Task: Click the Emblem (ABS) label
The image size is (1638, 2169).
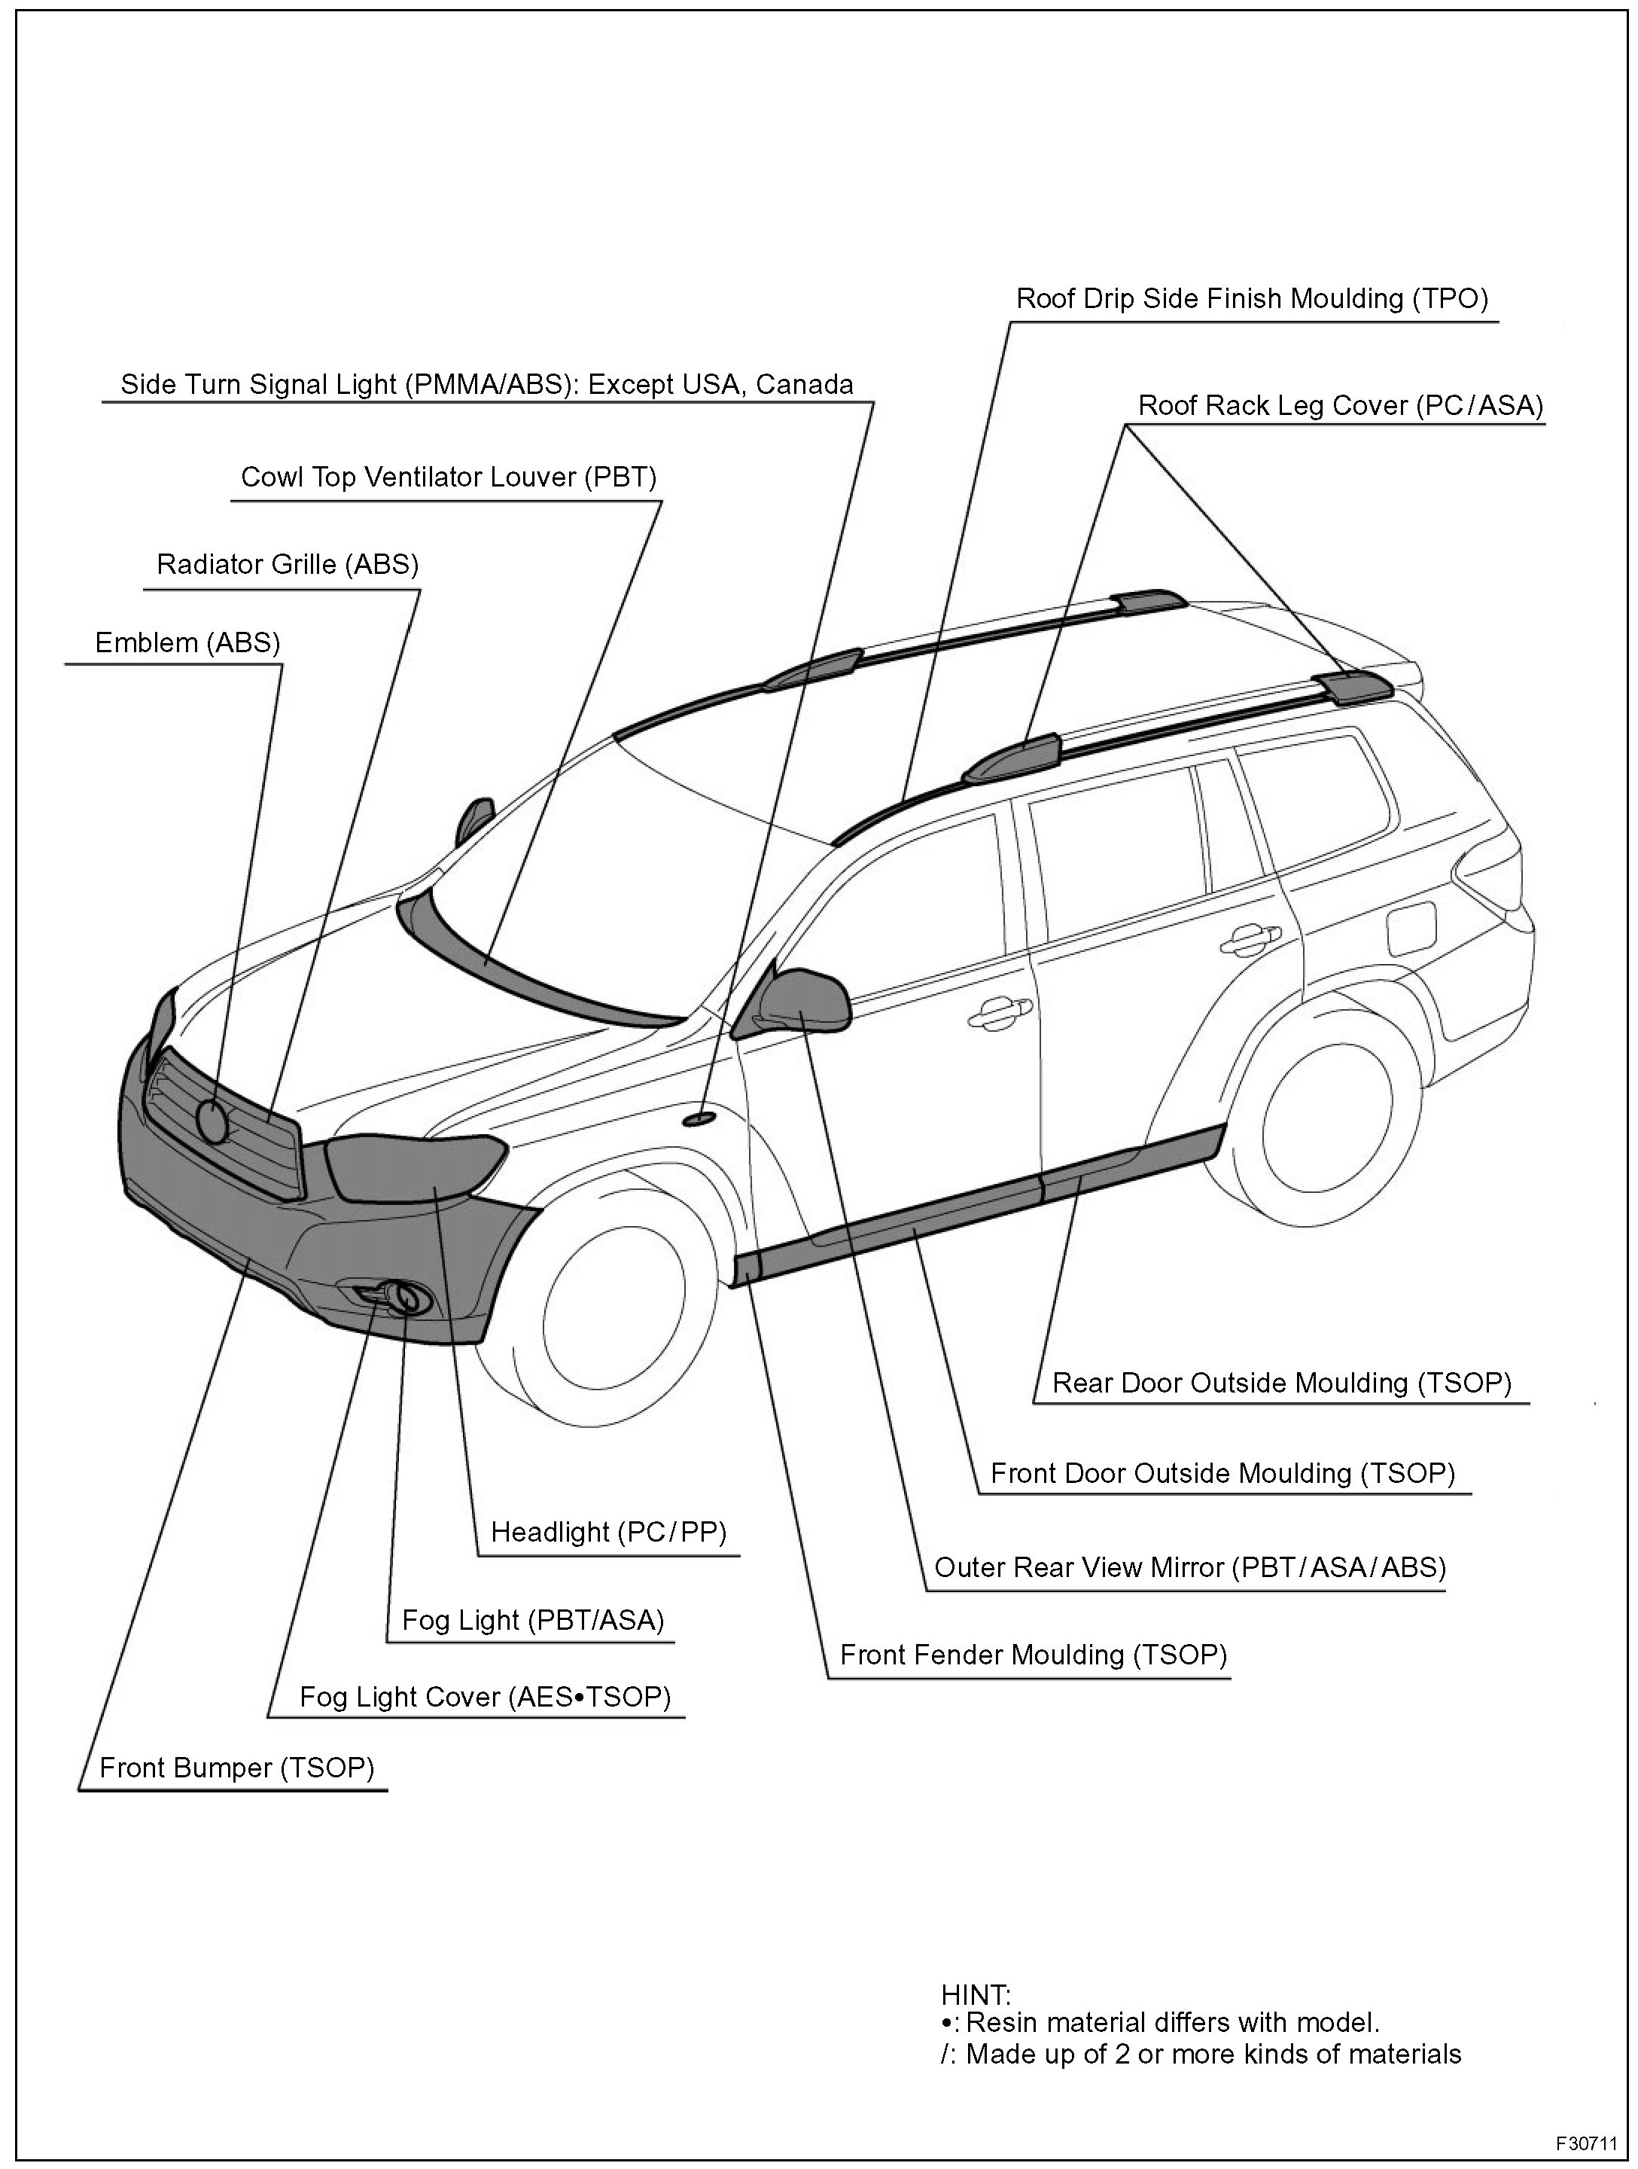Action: (187, 643)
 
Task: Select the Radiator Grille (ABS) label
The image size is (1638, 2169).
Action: (288, 565)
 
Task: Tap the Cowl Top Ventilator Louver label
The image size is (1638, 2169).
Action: (448, 477)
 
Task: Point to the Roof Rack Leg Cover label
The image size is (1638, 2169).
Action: (1340, 405)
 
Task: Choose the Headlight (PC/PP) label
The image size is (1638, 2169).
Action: (607, 1532)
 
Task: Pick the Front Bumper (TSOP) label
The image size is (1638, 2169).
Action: (237, 1768)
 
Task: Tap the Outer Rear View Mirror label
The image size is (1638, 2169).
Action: (1190, 1567)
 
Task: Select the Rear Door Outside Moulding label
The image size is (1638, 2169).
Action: (1281, 1383)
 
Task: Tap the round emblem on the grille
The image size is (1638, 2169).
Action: (212, 1119)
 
